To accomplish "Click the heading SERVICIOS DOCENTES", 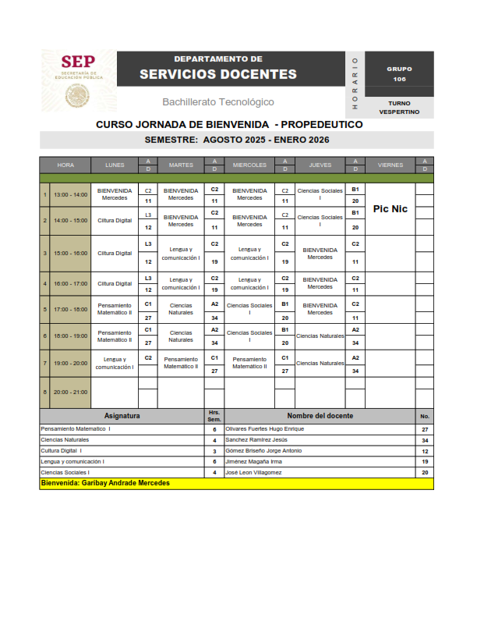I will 218,74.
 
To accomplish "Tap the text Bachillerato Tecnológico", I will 218,102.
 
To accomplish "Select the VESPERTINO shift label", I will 399,112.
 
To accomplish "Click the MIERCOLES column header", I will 249,165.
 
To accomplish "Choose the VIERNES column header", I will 390,165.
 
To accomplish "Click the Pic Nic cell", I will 390,209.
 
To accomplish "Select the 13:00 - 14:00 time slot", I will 70,194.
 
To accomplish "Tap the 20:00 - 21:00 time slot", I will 70,392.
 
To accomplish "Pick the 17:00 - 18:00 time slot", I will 70,309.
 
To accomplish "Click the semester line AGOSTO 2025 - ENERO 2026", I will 237,140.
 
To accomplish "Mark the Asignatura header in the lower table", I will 122,416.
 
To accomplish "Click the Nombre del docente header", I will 320,416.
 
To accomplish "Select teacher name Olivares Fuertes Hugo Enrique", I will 264,429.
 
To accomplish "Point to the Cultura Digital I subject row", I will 62,451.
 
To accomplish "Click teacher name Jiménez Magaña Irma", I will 254,462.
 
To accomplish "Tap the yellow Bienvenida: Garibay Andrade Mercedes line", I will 105,483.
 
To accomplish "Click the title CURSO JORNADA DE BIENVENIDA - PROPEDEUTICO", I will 229,124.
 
